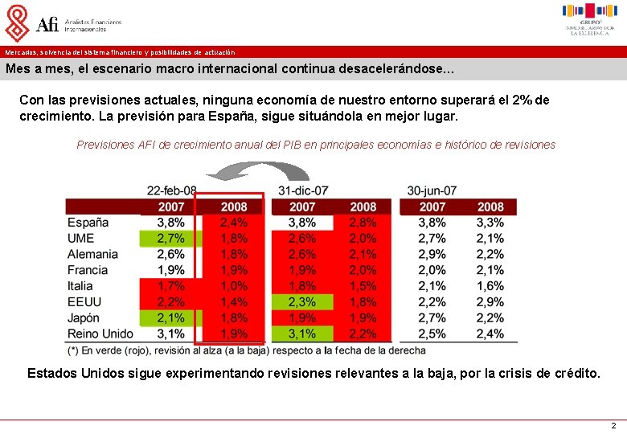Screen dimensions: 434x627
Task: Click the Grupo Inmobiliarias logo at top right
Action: coord(589,19)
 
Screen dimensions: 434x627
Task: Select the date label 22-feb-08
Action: coord(171,190)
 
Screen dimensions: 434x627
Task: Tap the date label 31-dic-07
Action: coord(303,190)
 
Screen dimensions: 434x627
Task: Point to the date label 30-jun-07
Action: coord(432,190)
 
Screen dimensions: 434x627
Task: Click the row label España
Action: coord(88,223)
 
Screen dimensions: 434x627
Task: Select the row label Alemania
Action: coord(92,254)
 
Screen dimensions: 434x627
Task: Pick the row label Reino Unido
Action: coord(100,334)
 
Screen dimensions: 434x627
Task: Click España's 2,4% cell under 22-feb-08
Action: coord(233,223)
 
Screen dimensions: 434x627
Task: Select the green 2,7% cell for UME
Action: coord(170,239)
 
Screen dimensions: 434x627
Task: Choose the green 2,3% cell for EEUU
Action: coord(302,302)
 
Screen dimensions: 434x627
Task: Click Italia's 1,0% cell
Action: coord(233,286)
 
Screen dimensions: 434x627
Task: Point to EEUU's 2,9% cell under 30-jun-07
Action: coord(490,302)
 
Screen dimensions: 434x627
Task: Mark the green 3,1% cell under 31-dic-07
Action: coord(302,334)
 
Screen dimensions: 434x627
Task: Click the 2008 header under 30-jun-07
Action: coord(490,207)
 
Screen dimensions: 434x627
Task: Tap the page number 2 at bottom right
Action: coord(613,425)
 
